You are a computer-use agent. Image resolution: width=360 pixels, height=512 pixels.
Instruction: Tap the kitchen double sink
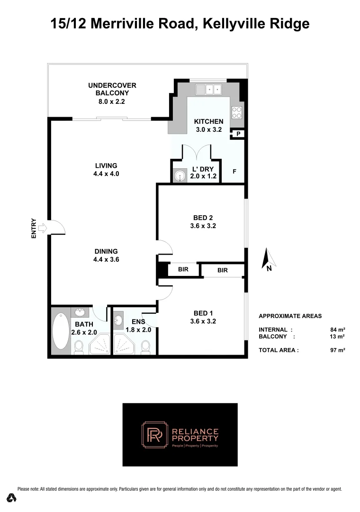click(x=209, y=89)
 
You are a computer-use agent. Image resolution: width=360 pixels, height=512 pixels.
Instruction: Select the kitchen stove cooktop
click(x=237, y=112)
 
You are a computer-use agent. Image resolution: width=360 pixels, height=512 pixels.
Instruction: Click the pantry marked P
click(x=238, y=134)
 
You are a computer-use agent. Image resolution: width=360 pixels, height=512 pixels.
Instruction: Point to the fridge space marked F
click(x=234, y=171)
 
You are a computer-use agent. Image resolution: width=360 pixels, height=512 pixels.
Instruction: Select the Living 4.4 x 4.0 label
click(x=106, y=169)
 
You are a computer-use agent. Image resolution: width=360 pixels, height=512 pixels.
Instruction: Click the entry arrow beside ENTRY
click(x=42, y=228)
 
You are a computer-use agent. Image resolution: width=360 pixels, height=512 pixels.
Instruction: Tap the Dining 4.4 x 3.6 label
click(x=106, y=255)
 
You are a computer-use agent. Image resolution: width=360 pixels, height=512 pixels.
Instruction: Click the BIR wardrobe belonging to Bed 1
click(x=223, y=270)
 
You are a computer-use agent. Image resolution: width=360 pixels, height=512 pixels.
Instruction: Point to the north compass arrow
click(x=269, y=259)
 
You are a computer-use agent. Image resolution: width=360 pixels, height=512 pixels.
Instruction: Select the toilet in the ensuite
click(x=146, y=347)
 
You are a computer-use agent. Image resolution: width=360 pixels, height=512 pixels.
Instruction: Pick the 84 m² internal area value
click(x=337, y=329)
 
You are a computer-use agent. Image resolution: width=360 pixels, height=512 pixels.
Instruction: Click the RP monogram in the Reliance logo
click(x=154, y=435)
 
